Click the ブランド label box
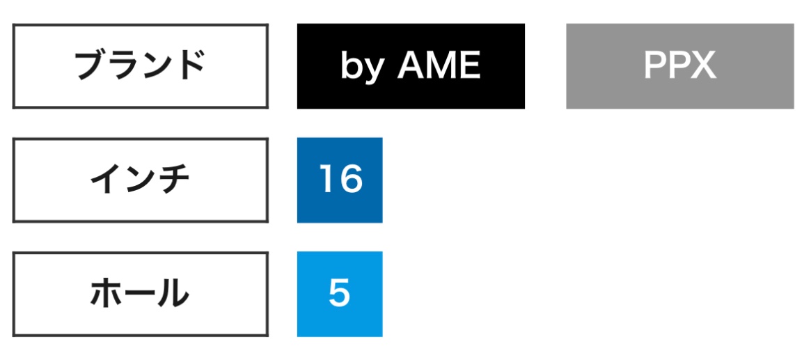pos(140,66)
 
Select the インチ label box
pos(140,180)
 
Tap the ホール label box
pos(140,295)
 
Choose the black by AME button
pos(411,66)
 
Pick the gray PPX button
pos(679,66)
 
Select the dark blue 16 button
pos(340,180)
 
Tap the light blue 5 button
pos(340,295)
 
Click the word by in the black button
pos(361,68)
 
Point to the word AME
pos(439,65)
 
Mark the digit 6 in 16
pos(351,179)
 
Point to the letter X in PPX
pos(702,65)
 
